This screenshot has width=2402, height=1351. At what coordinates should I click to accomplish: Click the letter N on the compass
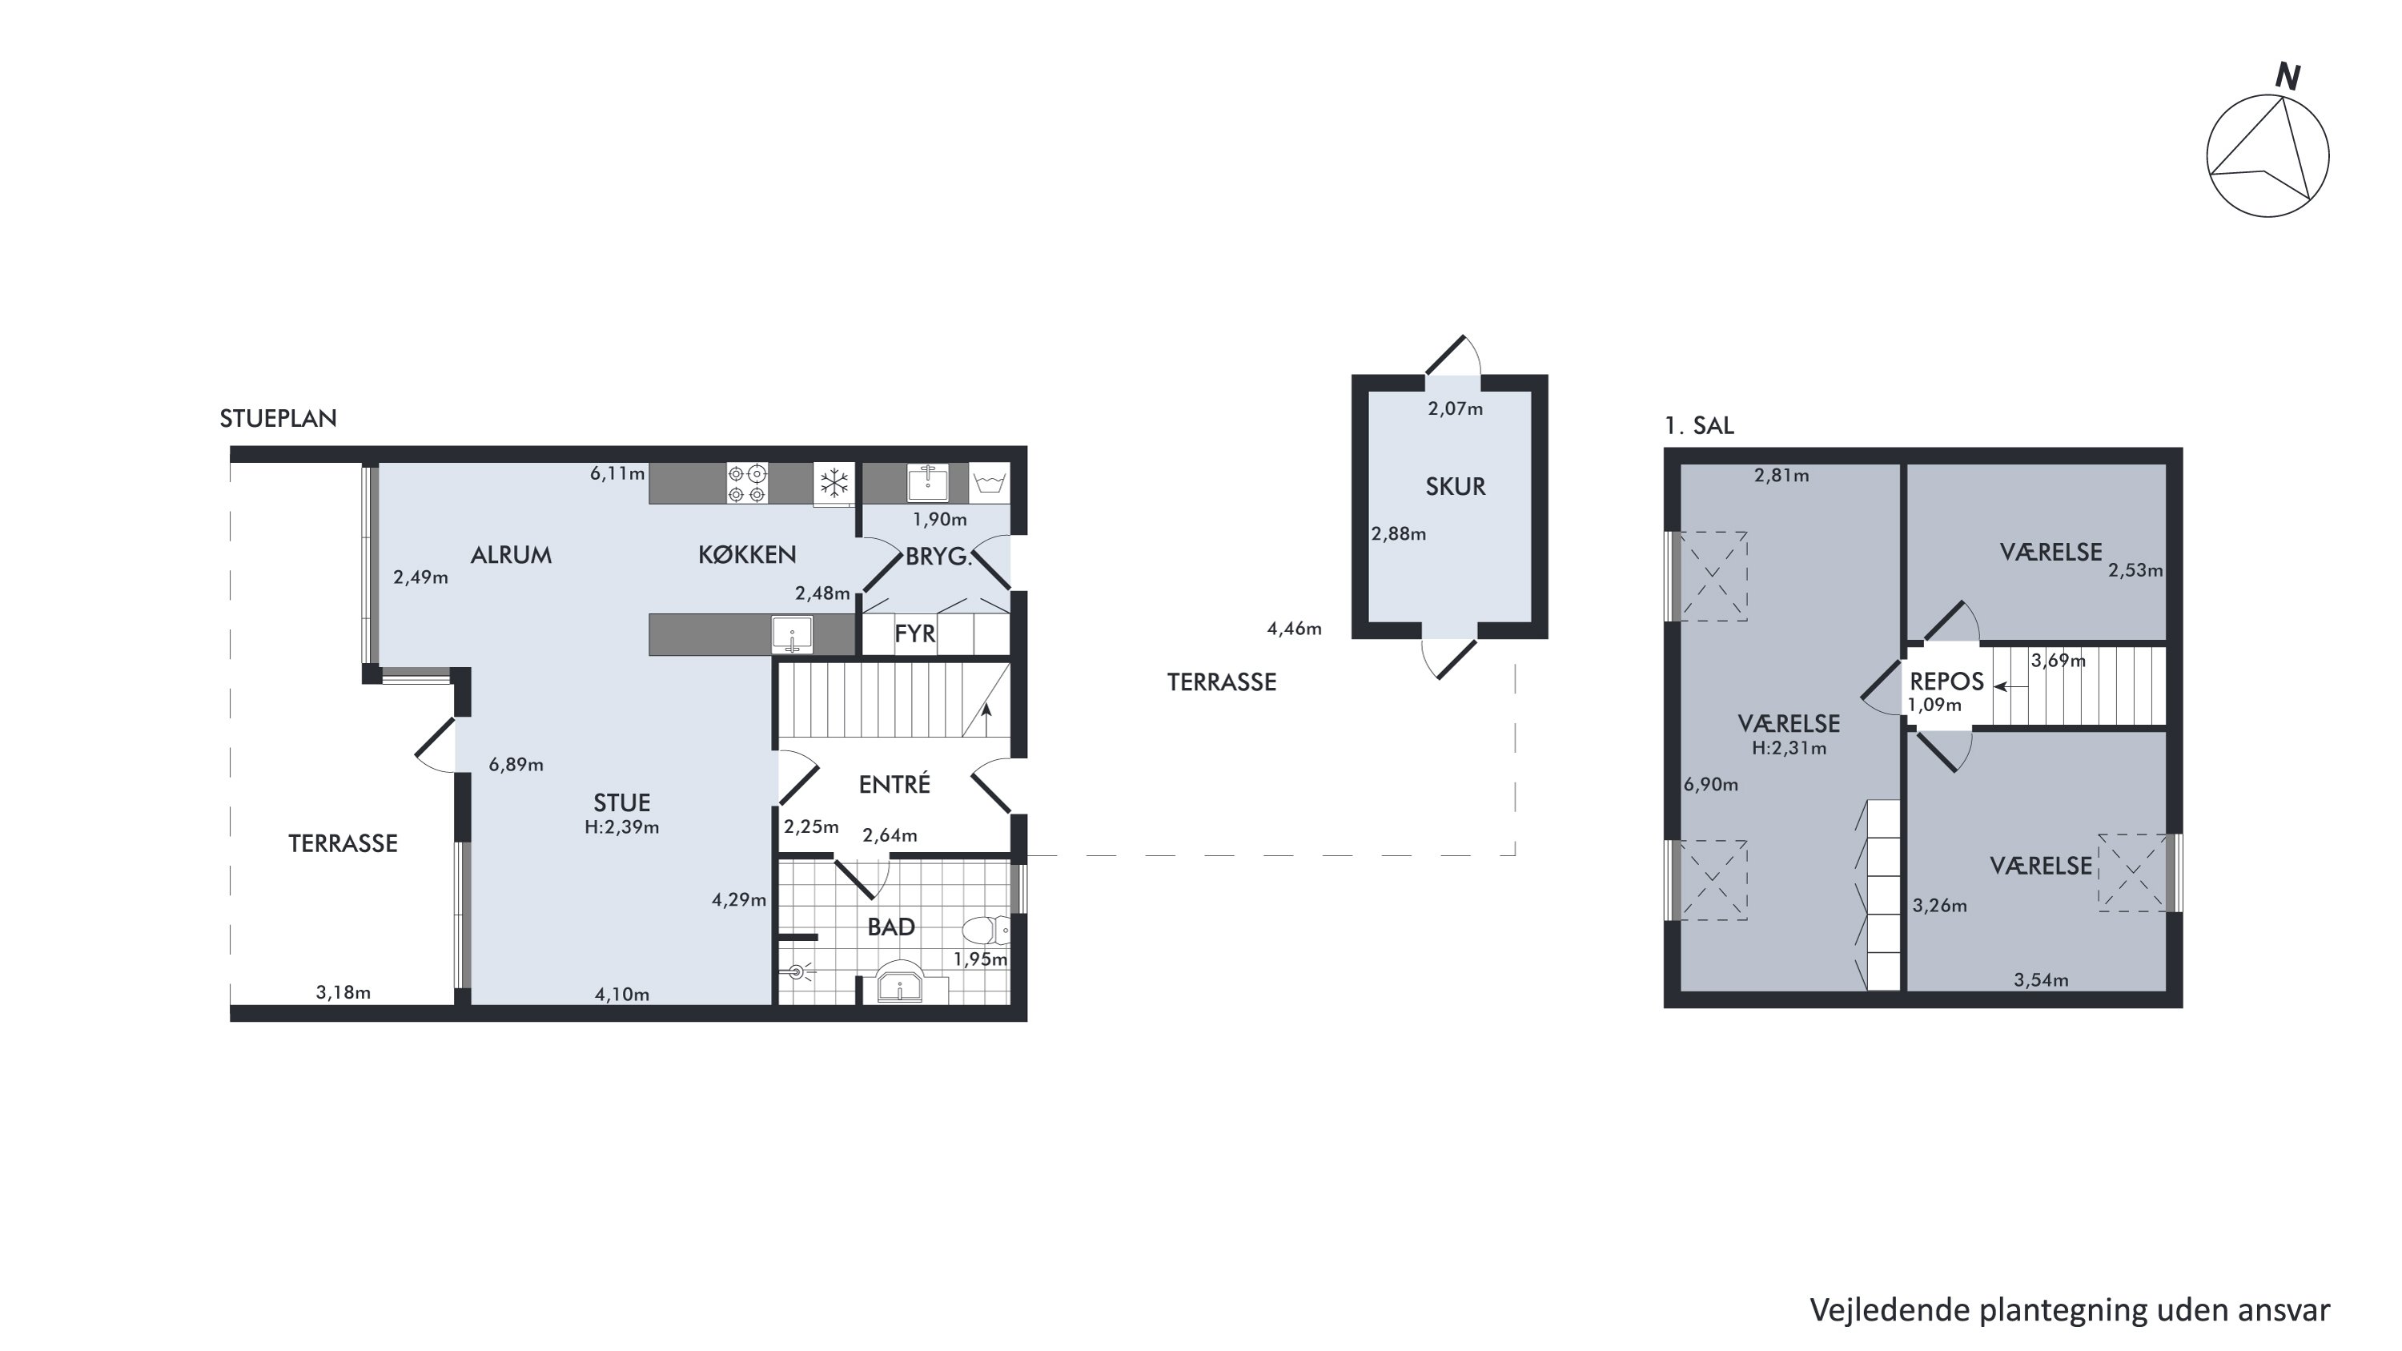pyautogui.click(x=2288, y=76)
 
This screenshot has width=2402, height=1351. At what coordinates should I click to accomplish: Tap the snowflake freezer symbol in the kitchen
pyautogui.click(x=833, y=483)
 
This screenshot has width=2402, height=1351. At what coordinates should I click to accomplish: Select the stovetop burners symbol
pyautogui.click(x=747, y=483)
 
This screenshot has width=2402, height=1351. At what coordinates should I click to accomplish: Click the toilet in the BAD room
pyautogui.click(x=986, y=931)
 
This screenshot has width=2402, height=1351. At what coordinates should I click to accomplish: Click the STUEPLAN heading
pyautogui.click(x=278, y=419)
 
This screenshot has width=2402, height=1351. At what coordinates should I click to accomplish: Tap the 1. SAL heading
pyautogui.click(x=1699, y=426)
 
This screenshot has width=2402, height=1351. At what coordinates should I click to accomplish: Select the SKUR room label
pyautogui.click(x=1455, y=487)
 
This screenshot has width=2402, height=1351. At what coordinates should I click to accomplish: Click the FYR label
pyautogui.click(x=914, y=634)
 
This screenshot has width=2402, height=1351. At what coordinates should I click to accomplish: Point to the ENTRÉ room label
pyautogui.click(x=894, y=784)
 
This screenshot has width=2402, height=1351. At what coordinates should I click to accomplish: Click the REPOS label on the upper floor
pyautogui.click(x=1946, y=682)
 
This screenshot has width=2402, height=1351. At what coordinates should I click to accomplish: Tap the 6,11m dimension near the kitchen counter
pyautogui.click(x=617, y=473)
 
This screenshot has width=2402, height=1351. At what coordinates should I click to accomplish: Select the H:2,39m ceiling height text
pyautogui.click(x=622, y=827)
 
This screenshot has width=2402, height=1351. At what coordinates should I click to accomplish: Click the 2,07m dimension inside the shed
pyautogui.click(x=1456, y=408)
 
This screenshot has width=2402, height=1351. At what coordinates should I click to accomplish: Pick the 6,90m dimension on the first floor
pyautogui.click(x=1711, y=785)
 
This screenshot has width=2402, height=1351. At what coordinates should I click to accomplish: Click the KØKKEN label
pyautogui.click(x=747, y=556)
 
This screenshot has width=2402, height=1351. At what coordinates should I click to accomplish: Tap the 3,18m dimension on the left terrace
pyautogui.click(x=343, y=993)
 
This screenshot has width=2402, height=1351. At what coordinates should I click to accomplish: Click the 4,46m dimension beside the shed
pyautogui.click(x=1294, y=629)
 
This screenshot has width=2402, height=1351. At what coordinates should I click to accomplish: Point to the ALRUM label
pyautogui.click(x=511, y=556)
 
